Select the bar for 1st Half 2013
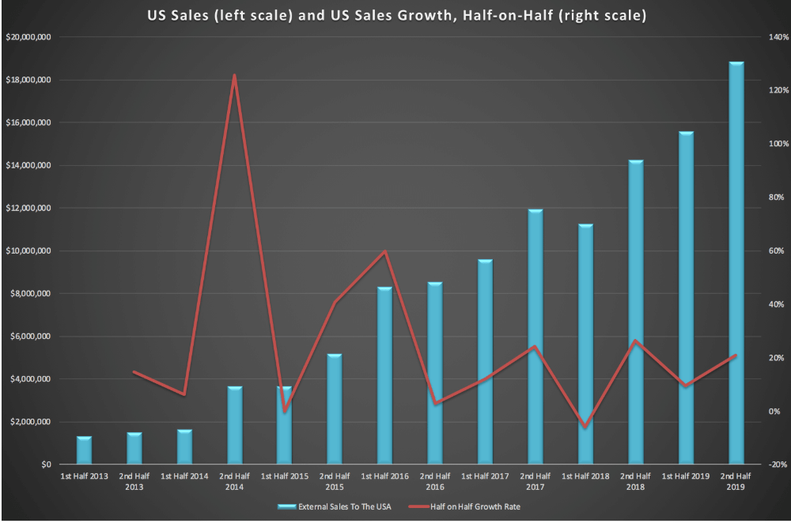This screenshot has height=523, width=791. pyautogui.click(x=85, y=450)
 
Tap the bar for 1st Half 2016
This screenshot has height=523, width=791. pyautogui.click(x=385, y=375)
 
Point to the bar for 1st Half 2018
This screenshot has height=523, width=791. pyautogui.click(x=585, y=344)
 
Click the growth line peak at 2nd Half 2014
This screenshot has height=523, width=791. pyautogui.click(x=235, y=76)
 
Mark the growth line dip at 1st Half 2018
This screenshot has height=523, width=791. pyautogui.click(x=585, y=427)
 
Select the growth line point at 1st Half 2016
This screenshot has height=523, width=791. pyautogui.click(x=385, y=251)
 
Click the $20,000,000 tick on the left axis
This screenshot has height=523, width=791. pyautogui.click(x=28, y=37)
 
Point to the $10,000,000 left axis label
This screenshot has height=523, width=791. pyautogui.click(x=28, y=251)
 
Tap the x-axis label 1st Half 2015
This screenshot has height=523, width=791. pyautogui.click(x=285, y=476)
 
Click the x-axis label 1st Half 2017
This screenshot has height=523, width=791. pyautogui.click(x=485, y=476)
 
